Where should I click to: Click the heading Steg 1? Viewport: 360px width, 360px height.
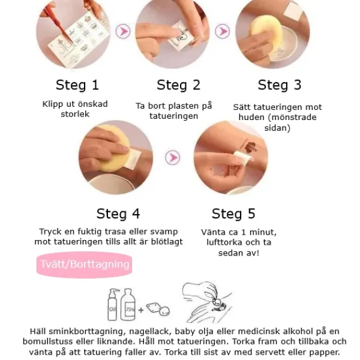pos(77,85)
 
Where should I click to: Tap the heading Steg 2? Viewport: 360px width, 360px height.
pos(178,85)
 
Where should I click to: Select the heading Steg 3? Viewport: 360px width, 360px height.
pos(280,85)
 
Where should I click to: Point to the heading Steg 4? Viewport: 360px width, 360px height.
pos(118,214)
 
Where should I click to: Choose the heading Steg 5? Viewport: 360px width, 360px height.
pos(233,214)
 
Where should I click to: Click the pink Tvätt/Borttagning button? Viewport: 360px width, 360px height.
pos(84,265)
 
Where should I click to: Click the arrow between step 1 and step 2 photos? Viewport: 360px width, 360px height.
pos(123,31)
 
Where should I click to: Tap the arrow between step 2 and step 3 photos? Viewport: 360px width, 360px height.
pos(222,31)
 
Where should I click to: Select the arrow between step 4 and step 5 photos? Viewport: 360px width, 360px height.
pos(172,157)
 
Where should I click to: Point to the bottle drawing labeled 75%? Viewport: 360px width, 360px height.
pos(128,304)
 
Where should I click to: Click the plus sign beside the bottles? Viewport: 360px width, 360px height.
pos(141,310)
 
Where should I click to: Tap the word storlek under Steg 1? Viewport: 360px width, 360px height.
pos(75,114)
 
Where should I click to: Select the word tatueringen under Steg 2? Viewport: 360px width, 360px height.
pos(174,116)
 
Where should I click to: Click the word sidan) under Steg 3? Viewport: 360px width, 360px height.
pos(277,128)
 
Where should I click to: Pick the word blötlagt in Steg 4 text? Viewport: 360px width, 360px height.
pos(167,242)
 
